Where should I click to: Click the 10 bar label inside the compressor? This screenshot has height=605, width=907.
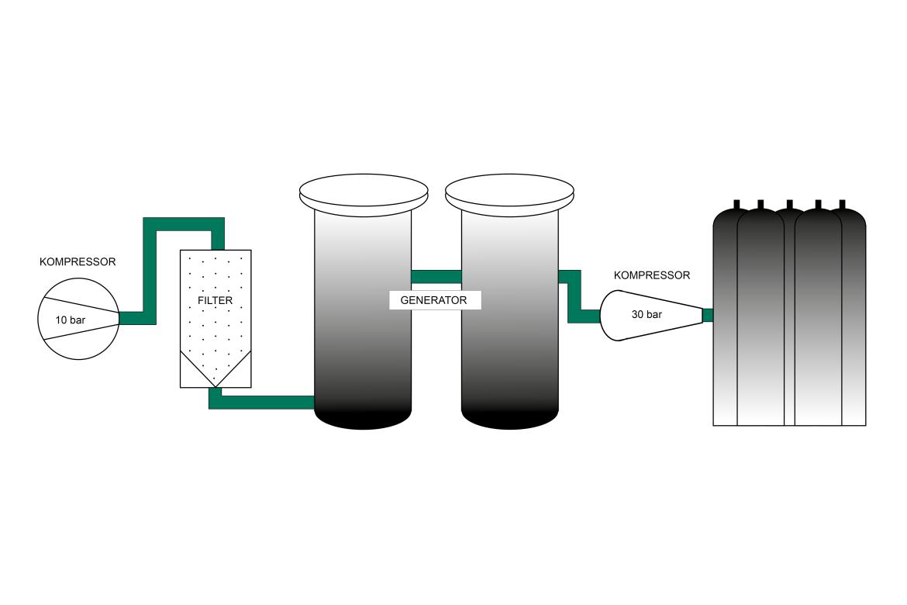click(x=70, y=319)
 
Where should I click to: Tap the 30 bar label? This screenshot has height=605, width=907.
click(x=647, y=315)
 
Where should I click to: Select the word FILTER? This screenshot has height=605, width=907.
click(x=215, y=300)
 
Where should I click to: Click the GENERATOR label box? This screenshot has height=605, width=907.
click(x=434, y=300)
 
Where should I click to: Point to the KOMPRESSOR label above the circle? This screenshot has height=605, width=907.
click(x=78, y=262)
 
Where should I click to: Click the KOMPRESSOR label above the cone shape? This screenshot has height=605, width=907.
click(x=651, y=275)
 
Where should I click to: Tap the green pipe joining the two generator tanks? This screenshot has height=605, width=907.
click(x=436, y=276)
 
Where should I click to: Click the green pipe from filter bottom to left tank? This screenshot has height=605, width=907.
click(x=264, y=402)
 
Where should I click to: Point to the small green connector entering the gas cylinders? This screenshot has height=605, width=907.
click(x=707, y=315)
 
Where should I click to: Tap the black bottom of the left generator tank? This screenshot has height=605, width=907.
click(x=363, y=419)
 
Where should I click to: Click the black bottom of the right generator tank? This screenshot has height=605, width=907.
click(x=509, y=419)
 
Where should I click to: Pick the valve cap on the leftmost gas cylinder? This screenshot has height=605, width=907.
click(x=736, y=205)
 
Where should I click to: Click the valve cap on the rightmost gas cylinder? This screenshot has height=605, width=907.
click(x=842, y=205)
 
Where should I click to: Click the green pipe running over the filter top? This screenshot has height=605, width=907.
click(x=185, y=225)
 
